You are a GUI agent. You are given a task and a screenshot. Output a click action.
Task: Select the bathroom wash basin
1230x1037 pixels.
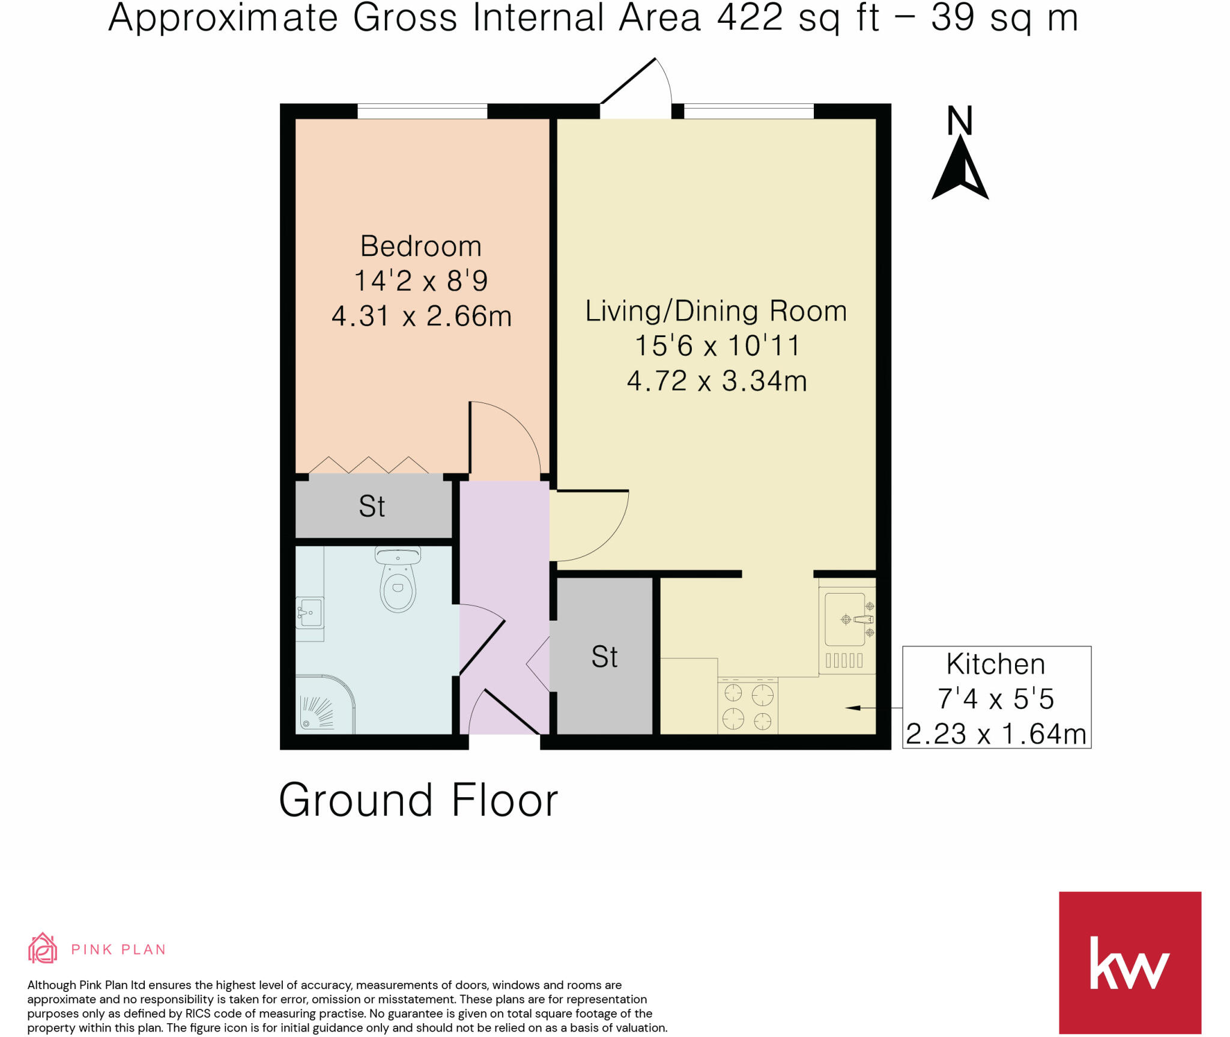point(310,613)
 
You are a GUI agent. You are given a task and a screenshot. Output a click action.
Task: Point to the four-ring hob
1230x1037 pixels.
point(748,706)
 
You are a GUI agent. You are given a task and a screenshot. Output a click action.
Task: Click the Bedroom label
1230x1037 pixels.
point(420,246)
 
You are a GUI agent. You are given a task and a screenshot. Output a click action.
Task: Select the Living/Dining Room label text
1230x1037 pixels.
point(716,311)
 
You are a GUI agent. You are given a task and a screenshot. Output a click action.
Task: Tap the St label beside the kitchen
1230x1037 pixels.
point(604,657)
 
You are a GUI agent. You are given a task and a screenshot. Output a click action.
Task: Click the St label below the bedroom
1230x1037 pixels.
point(372,506)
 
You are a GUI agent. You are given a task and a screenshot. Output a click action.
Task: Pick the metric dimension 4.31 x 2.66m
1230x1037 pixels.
point(421,316)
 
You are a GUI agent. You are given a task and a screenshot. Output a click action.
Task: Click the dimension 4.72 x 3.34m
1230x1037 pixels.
point(716,381)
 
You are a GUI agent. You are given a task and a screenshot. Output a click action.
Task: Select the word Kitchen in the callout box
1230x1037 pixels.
point(996,664)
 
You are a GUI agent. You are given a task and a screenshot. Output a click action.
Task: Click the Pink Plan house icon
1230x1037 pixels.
point(43,948)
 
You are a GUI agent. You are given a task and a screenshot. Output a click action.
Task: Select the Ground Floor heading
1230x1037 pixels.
point(419,800)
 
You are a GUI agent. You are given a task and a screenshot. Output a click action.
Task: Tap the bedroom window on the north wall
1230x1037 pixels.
point(422,112)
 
